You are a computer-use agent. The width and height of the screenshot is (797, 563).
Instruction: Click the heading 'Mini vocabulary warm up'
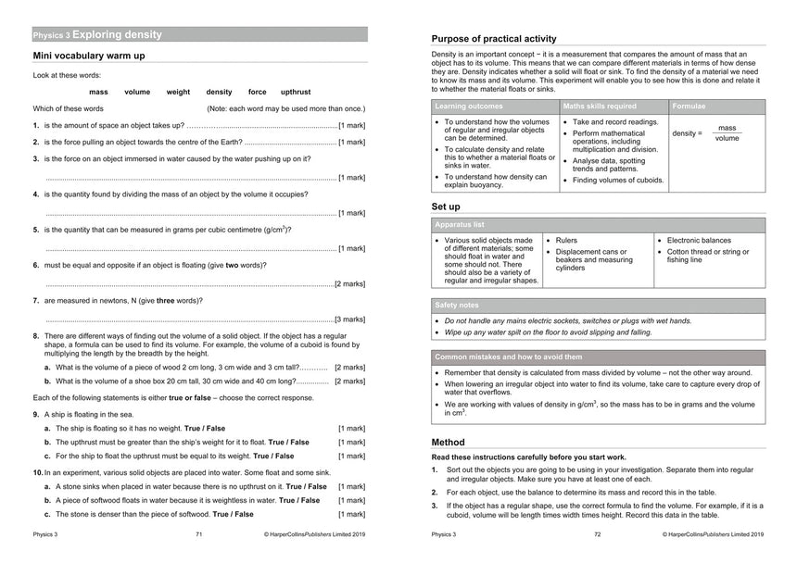coord(89,56)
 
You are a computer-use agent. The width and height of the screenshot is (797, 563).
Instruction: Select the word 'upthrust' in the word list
coord(296,93)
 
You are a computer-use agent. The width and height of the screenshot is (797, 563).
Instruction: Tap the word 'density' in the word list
coord(219,93)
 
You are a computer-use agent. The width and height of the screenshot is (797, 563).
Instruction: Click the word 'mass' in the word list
coord(98,93)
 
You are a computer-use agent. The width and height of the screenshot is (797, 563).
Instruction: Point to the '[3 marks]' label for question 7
coord(349,319)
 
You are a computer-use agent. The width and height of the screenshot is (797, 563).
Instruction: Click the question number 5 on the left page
coord(35,230)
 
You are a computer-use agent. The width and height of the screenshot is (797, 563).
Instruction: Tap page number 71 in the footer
coord(199,534)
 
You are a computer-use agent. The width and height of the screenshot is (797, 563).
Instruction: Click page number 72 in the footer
coord(598,534)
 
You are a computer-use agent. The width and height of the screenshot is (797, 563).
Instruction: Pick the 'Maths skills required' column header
coord(600,106)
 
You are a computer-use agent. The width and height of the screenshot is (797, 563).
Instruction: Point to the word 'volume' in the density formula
coord(727,138)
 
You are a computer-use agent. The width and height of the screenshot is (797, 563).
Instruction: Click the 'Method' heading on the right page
coord(449,443)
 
